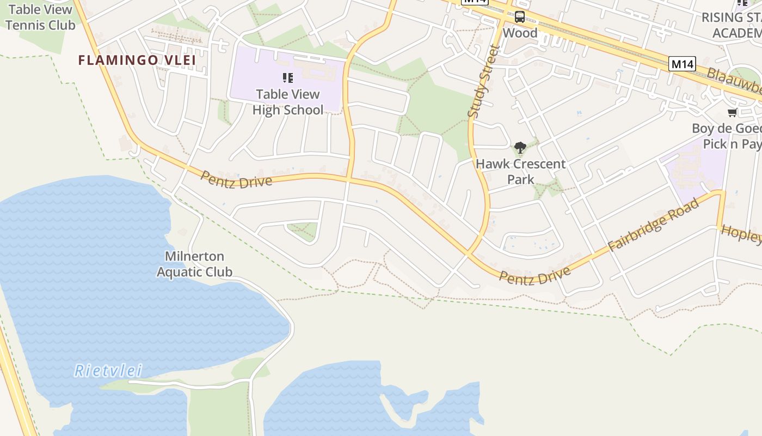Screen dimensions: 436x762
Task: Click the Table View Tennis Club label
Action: (x=39, y=17)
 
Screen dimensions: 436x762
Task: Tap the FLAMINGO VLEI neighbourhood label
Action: (x=137, y=60)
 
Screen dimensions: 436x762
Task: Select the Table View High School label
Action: (x=287, y=102)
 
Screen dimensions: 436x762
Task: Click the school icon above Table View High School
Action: (x=287, y=78)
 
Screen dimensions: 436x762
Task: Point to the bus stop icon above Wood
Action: (x=520, y=17)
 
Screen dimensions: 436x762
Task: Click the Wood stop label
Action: (x=520, y=33)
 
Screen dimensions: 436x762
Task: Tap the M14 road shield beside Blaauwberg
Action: (x=682, y=64)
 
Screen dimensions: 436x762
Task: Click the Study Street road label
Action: (x=483, y=81)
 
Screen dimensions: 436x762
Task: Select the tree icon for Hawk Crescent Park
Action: (x=520, y=147)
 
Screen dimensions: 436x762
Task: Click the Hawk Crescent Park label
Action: (x=521, y=171)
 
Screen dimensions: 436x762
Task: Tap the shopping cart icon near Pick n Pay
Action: (x=733, y=113)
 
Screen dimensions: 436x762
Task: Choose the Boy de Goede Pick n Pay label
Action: (x=727, y=136)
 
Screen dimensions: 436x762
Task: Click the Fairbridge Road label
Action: (x=653, y=225)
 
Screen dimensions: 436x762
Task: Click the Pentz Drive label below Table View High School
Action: (x=236, y=179)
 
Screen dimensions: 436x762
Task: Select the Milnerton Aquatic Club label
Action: (x=195, y=264)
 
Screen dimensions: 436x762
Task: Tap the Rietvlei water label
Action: (x=108, y=371)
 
